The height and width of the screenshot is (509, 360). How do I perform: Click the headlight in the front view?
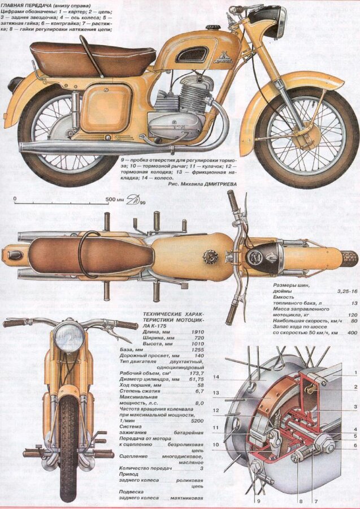click(x=69, y=339)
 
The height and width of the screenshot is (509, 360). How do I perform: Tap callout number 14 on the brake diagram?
click(x=215, y=377)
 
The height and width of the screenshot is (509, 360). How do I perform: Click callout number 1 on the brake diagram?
click(x=355, y=372)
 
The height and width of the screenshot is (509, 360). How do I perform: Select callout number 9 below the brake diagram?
click(x=258, y=501)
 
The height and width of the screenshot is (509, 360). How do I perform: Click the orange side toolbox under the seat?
click(x=107, y=108)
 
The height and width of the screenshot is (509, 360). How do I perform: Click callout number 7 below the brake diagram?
click(x=315, y=501)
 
